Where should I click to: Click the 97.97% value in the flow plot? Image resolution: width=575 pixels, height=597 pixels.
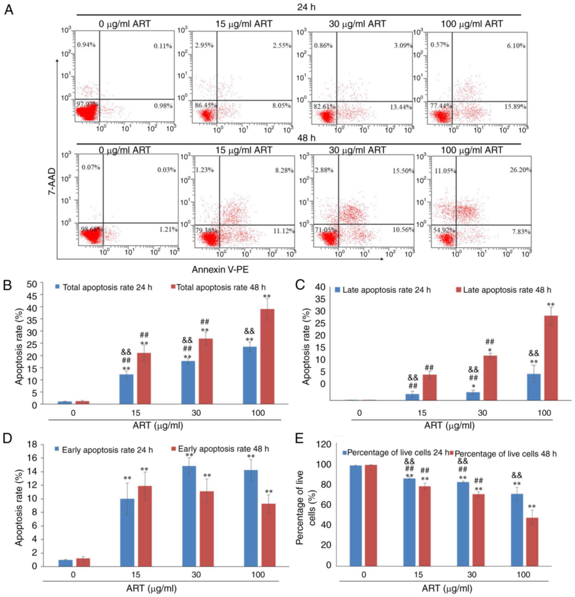pyautogui.click(x=87, y=104)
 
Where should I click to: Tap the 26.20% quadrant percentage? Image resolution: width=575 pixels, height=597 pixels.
pyautogui.click(x=520, y=170)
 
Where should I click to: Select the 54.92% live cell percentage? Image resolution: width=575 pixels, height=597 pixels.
pyautogui.click(x=444, y=230)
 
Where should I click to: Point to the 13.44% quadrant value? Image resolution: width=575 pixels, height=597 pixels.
pyautogui.click(x=401, y=107)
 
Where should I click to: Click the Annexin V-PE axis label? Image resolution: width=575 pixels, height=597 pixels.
pyautogui.click(x=220, y=270)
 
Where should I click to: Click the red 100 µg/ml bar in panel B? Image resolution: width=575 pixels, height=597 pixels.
pyautogui.click(x=267, y=356)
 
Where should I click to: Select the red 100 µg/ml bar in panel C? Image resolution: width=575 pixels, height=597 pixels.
pyautogui.click(x=551, y=358)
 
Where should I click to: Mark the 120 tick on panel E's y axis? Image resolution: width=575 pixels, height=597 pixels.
pyautogui.click(x=325, y=444)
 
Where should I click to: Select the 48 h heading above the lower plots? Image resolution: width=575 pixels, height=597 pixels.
pyautogui.click(x=306, y=138)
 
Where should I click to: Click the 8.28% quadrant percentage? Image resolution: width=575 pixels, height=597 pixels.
pyautogui.click(x=284, y=170)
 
